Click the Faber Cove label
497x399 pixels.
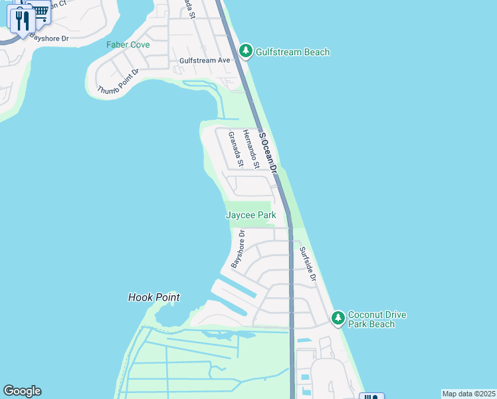pos(128,45)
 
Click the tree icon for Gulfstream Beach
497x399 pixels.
pos(246,51)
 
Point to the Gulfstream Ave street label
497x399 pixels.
pos(205,61)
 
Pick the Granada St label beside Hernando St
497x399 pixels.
pos(235,150)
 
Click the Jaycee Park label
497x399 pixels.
pos(250,215)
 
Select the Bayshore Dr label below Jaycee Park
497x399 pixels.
pos(238,249)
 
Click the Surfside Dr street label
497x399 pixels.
pos(307,264)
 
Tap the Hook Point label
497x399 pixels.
pos(154,298)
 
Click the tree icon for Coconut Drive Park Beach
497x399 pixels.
pos(338,319)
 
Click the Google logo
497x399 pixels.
pos(22,391)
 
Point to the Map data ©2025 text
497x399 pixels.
pos(468,394)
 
